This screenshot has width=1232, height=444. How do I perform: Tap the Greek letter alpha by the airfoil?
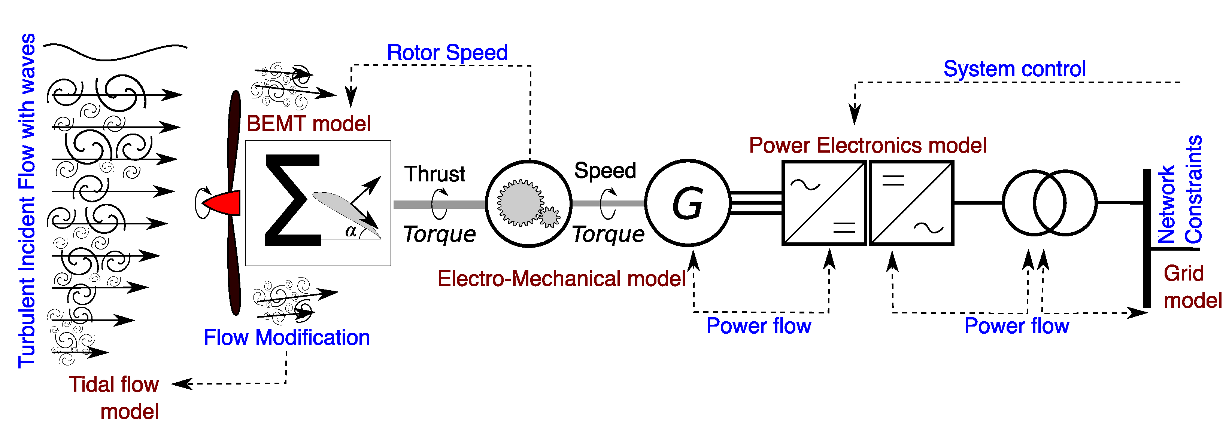pos(351,231)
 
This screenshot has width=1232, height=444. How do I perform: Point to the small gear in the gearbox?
pos(550,217)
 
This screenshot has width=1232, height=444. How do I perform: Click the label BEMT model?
pos(309,124)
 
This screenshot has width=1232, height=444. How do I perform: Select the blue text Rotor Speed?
pos(447,53)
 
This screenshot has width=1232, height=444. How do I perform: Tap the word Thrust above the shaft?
pos(435,174)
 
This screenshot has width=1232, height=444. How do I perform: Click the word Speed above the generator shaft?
pos(605,171)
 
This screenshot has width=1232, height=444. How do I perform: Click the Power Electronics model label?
pos(868,145)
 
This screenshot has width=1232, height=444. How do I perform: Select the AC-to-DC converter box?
pos(824,203)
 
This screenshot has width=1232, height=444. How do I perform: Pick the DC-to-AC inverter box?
pos(911,203)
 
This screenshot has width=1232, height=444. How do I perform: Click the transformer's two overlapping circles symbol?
pos(1049,203)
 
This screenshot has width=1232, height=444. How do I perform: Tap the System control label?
pos(1014,69)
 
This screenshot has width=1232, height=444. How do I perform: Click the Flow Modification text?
pos(286,337)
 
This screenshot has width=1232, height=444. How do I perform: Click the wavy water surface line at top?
pos(115,52)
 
